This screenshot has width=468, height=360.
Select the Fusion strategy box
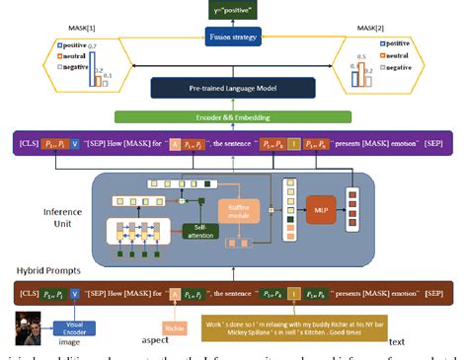pyautogui.click(x=233, y=37)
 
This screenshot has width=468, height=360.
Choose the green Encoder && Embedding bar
pyautogui.click(x=233, y=118)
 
